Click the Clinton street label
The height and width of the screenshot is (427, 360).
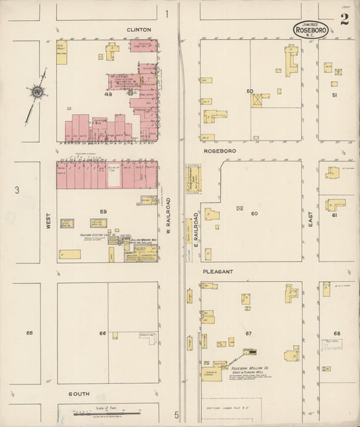coord(138,30)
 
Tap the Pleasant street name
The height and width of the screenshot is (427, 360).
coord(217,272)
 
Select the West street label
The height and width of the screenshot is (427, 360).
coord(49,223)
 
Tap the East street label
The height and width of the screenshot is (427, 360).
coord(311,217)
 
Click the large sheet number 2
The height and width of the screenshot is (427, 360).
coord(344,19)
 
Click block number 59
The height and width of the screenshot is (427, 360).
coord(103,211)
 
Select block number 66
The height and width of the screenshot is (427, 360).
coord(103,333)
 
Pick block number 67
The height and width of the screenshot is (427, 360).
coord(248,334)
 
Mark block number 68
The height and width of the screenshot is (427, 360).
coord(337,333)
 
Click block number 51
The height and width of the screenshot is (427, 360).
coord(334,95)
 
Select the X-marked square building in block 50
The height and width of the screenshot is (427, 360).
coord(257,100)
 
